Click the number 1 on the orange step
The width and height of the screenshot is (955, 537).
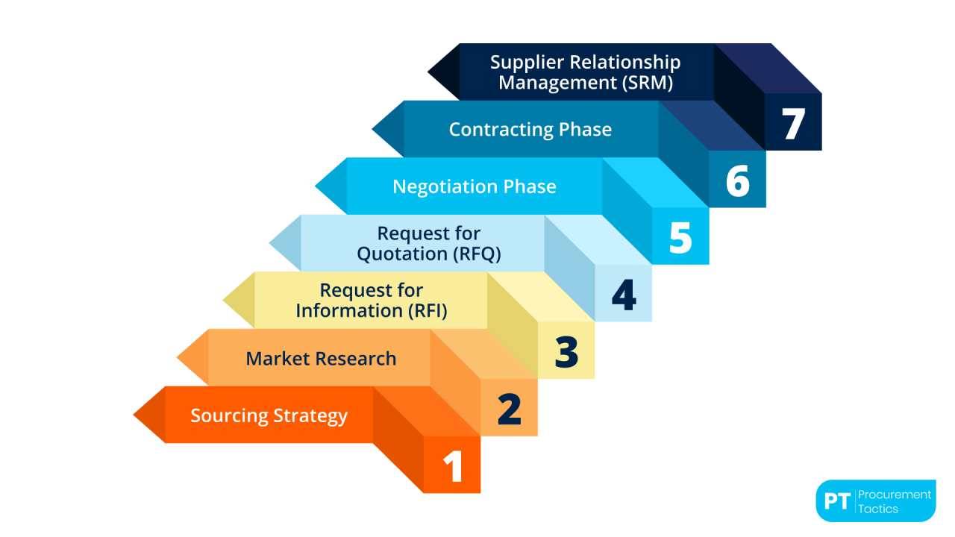point(453,466)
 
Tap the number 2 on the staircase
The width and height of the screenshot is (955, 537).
point(510,409)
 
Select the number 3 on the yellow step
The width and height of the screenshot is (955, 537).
point(567,352)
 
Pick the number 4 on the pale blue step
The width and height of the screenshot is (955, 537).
point(624,295)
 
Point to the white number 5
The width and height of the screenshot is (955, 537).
point(680,238)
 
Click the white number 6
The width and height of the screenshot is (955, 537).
point(737,181)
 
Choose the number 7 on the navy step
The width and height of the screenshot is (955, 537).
point(794,124)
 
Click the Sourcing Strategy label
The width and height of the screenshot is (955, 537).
point(269,415)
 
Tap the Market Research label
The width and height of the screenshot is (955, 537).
point(321,359)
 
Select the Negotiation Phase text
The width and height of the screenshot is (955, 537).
point(475,186)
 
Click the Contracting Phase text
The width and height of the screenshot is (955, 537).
point(530,130)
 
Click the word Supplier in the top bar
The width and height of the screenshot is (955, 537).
point(527,63)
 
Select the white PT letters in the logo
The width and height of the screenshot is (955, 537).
point(837,501)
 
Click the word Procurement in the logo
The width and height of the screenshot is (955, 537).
point(895,494)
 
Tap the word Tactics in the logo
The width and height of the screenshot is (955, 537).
point(878,509)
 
